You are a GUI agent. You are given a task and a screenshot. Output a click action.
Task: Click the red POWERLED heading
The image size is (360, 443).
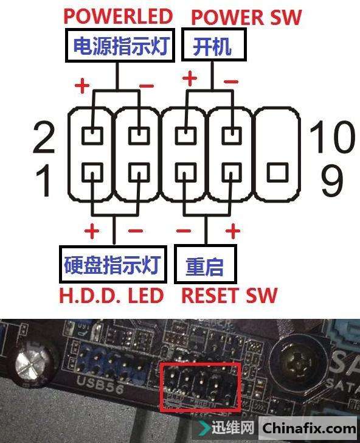point(118,16)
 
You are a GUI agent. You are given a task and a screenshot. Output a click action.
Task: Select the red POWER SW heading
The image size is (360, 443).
point(246,17)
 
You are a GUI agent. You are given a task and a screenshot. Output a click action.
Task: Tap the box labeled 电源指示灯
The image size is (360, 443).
point(120,45)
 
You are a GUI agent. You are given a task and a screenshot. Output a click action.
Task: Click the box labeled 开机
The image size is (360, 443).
point(213,44)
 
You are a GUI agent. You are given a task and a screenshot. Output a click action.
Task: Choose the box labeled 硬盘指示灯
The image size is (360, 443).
point(113,265)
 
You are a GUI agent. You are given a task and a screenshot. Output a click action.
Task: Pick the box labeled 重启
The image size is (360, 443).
point(206,265)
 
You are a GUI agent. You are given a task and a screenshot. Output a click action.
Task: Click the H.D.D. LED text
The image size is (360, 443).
point(111,296)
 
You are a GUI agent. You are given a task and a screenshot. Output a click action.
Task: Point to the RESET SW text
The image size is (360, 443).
point(229,296)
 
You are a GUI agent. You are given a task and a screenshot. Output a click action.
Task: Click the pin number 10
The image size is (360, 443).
point(332,136)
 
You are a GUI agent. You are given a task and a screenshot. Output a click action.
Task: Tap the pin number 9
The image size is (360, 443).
point(332,180)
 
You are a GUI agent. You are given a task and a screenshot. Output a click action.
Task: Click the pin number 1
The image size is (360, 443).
point(44,181)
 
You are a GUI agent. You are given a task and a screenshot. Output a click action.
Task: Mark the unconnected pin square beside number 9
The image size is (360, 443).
point(277,172)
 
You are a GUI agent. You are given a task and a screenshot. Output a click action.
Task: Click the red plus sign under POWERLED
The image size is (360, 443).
point(82,85)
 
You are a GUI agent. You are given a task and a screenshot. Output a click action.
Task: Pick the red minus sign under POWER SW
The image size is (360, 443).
point(231,82)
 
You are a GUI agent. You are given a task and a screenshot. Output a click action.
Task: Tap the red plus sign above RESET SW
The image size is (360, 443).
point(233,231)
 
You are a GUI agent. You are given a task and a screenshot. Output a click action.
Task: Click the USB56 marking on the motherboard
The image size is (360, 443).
point(100,385)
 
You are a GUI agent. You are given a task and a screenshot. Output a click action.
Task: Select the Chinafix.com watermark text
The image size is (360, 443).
point(309,428)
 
